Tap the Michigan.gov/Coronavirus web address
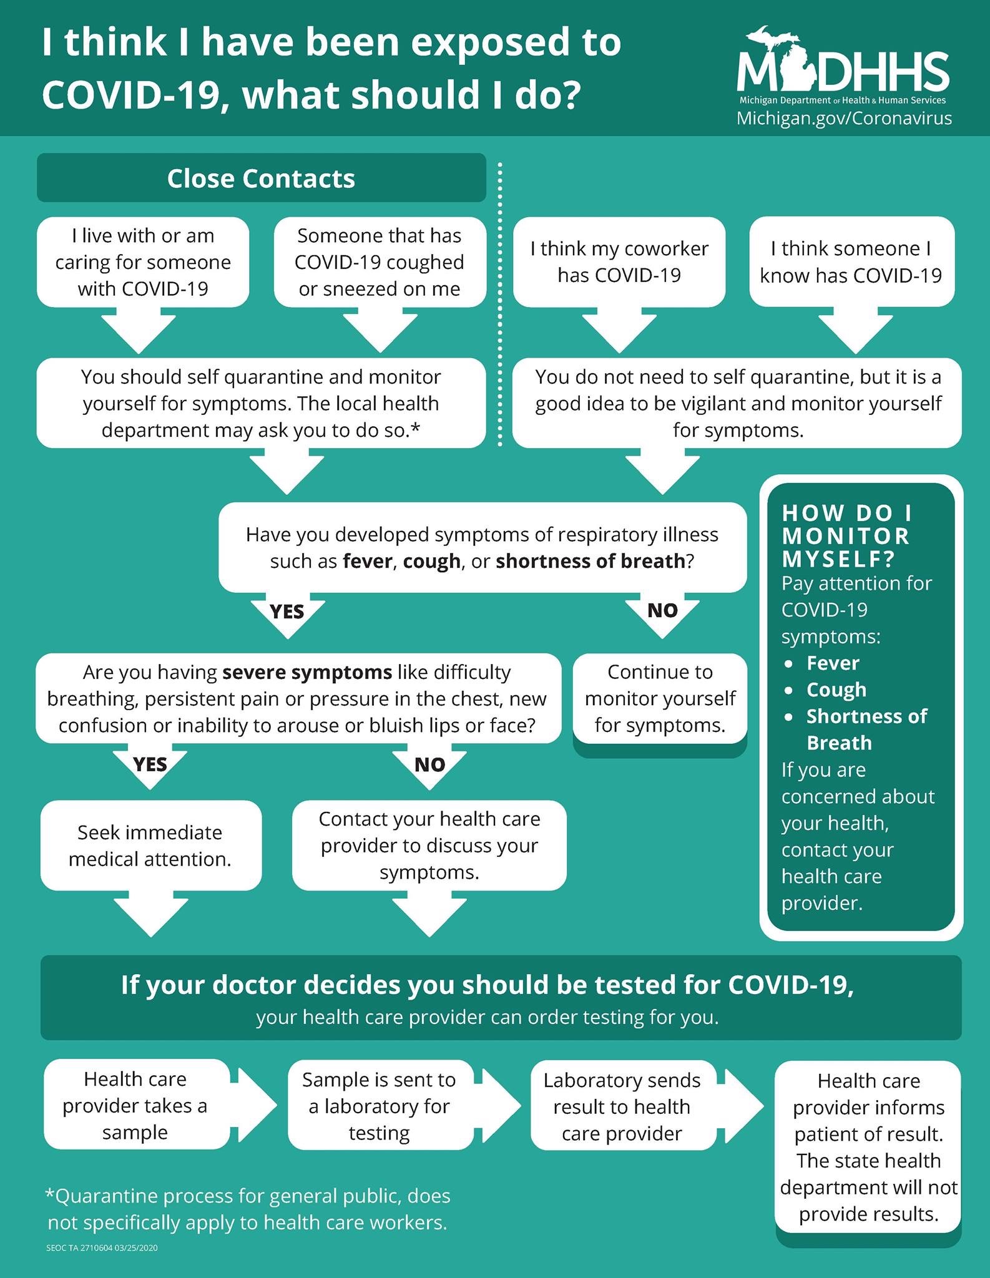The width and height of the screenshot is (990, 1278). point(844,118)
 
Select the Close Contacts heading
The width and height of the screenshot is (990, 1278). point(261,178)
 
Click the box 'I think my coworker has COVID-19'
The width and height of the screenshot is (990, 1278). point(619,262)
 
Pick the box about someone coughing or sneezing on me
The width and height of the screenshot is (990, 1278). point(380,262)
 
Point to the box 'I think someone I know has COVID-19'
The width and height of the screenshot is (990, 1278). point(851,262)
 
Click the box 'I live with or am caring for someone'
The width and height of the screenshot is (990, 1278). point(143,262)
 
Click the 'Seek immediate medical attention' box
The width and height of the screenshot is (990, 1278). point(150,846)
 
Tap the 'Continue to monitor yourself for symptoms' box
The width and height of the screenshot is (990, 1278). point(660,699)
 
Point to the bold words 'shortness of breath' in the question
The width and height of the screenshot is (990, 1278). point(591,561)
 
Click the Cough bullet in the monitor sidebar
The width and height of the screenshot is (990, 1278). point(836,690)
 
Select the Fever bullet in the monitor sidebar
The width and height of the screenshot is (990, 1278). point(833,663)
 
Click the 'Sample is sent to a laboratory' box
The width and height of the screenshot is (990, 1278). point(380,1106)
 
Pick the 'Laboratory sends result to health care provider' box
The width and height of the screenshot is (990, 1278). point(622,1106)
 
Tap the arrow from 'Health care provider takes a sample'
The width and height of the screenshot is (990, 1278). point(253,1105)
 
